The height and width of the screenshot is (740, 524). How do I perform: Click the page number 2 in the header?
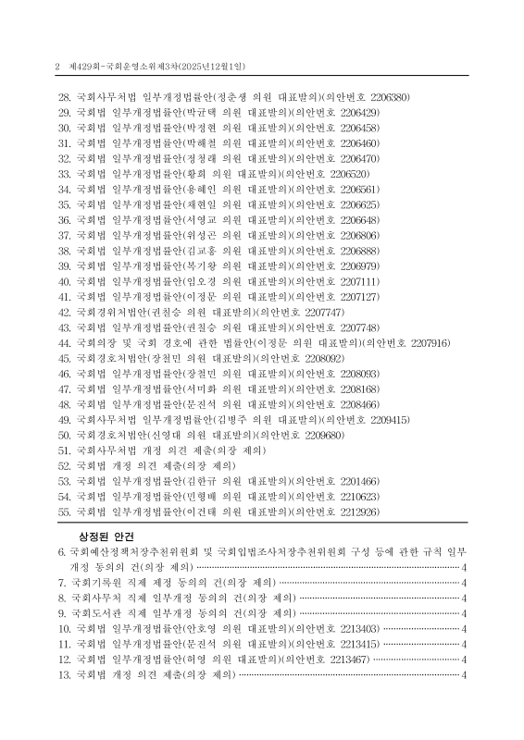(x=57, y=67)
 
